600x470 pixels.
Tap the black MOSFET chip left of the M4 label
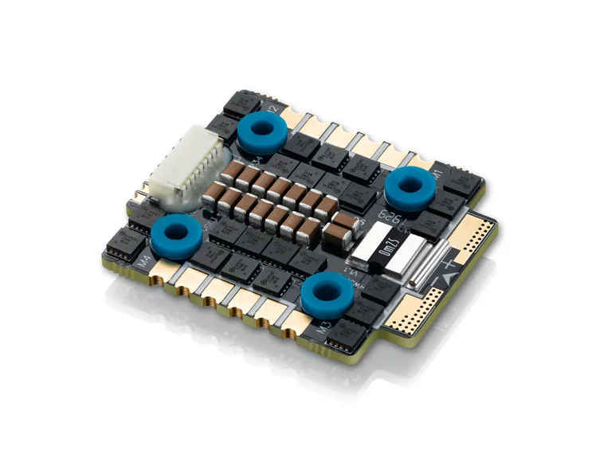tap(122, 242)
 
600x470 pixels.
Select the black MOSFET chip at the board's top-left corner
tap(243, 102)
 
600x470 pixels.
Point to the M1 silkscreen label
tap(437, 170)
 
